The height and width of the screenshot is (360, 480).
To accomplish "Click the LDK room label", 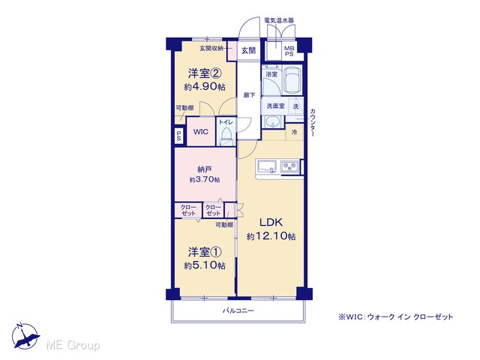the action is point(271,222).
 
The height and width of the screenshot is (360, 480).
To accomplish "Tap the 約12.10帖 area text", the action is point(271,236).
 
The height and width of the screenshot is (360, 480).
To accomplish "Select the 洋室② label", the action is point(205,73).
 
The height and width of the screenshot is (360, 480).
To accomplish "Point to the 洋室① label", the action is point(205,252).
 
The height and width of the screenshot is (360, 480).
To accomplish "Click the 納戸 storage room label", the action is point(205,169).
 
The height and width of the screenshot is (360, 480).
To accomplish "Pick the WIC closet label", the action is point(201,132).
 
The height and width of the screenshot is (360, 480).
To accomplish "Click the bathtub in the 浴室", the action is point(292,80).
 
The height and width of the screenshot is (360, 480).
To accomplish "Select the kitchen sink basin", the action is point(267,167).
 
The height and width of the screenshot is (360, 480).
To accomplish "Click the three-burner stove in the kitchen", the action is point(289,166).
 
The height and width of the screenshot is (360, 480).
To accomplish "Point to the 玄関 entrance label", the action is point(248,50).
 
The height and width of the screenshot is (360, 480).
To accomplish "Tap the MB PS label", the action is point(289,51).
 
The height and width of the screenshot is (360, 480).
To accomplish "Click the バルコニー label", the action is point(238,310).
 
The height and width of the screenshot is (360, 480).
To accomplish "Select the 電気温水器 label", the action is point(279,20).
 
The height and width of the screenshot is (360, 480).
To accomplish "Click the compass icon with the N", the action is point(25,336).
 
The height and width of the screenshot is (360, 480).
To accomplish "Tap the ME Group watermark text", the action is point(73,345).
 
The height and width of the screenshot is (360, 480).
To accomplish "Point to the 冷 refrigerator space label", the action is point(294,132).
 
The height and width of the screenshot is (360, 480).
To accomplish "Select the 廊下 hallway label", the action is point(249,95).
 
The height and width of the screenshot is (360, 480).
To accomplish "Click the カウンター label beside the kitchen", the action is point(313,122).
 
